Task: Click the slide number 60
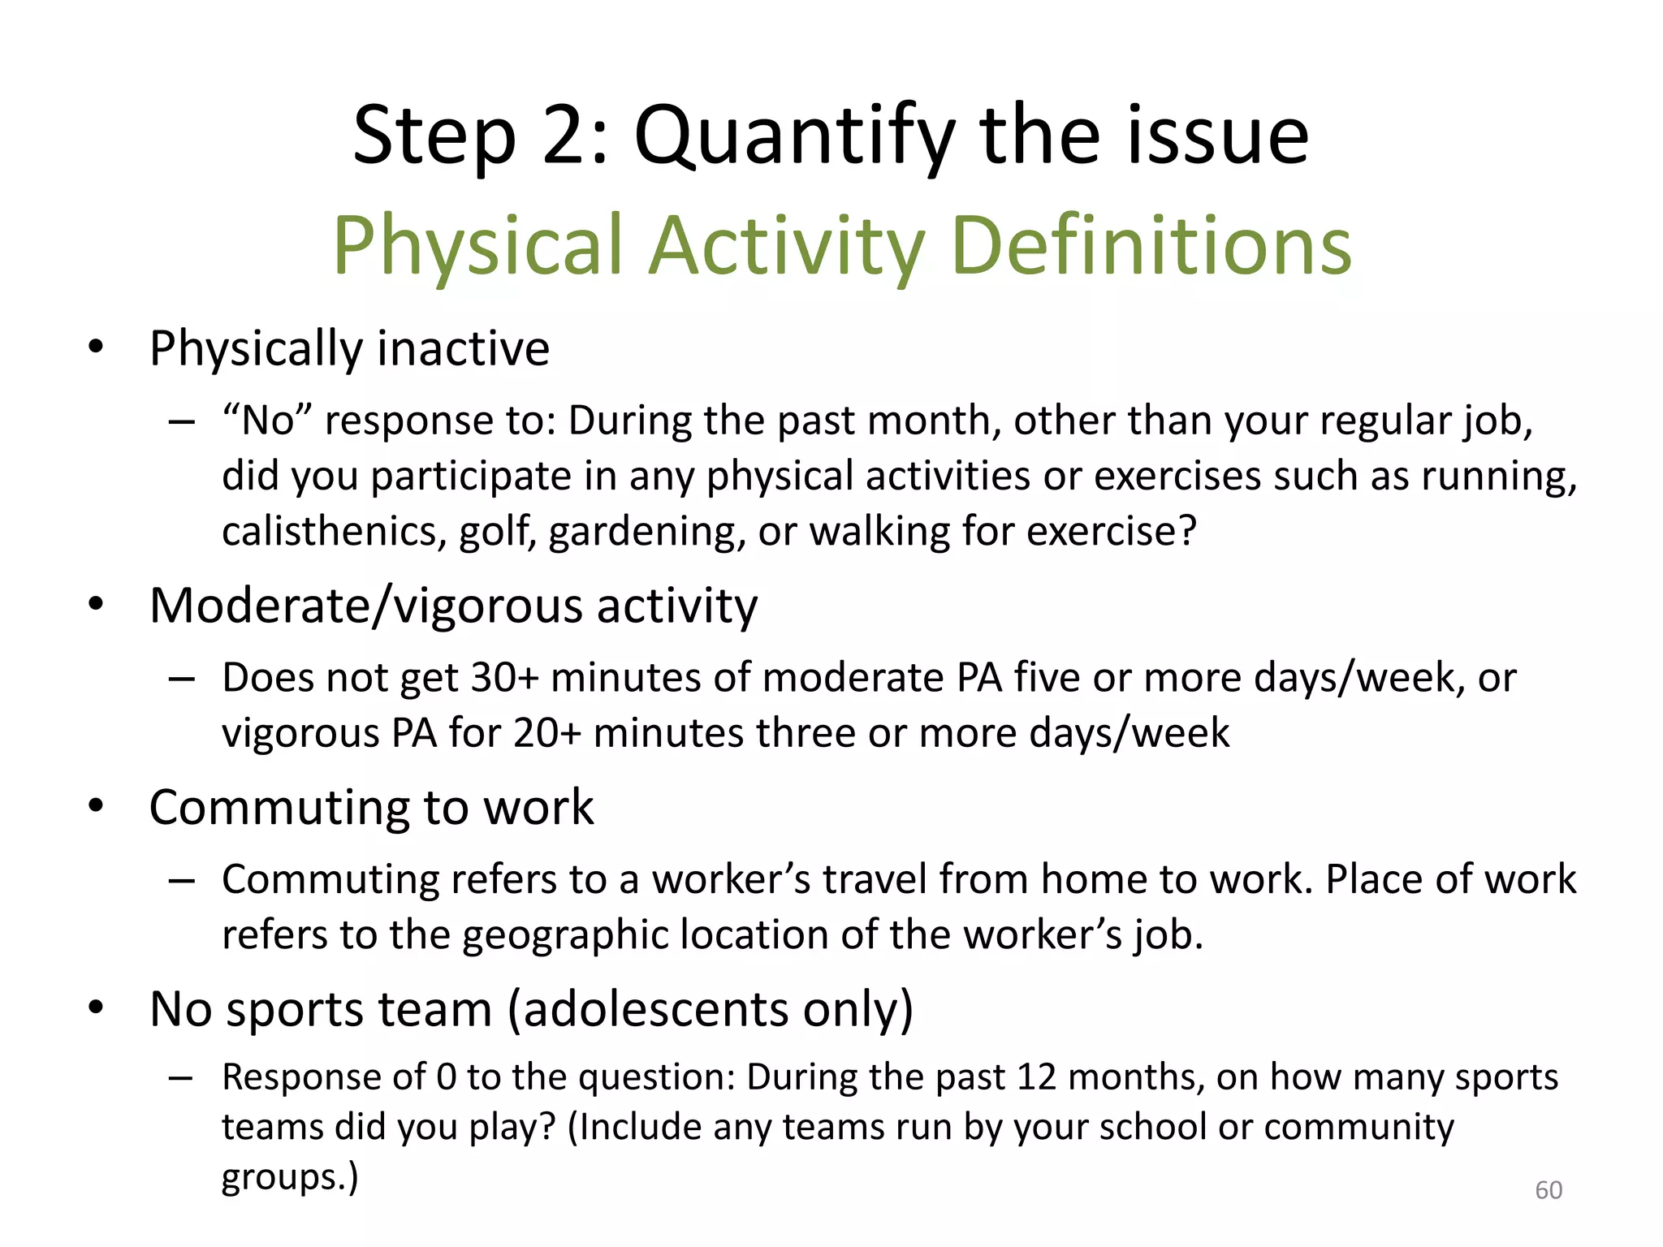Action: [1548, 1190]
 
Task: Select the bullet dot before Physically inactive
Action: [97, 347]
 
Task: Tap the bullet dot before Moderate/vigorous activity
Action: [97, 604]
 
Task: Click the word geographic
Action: [564, 935]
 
